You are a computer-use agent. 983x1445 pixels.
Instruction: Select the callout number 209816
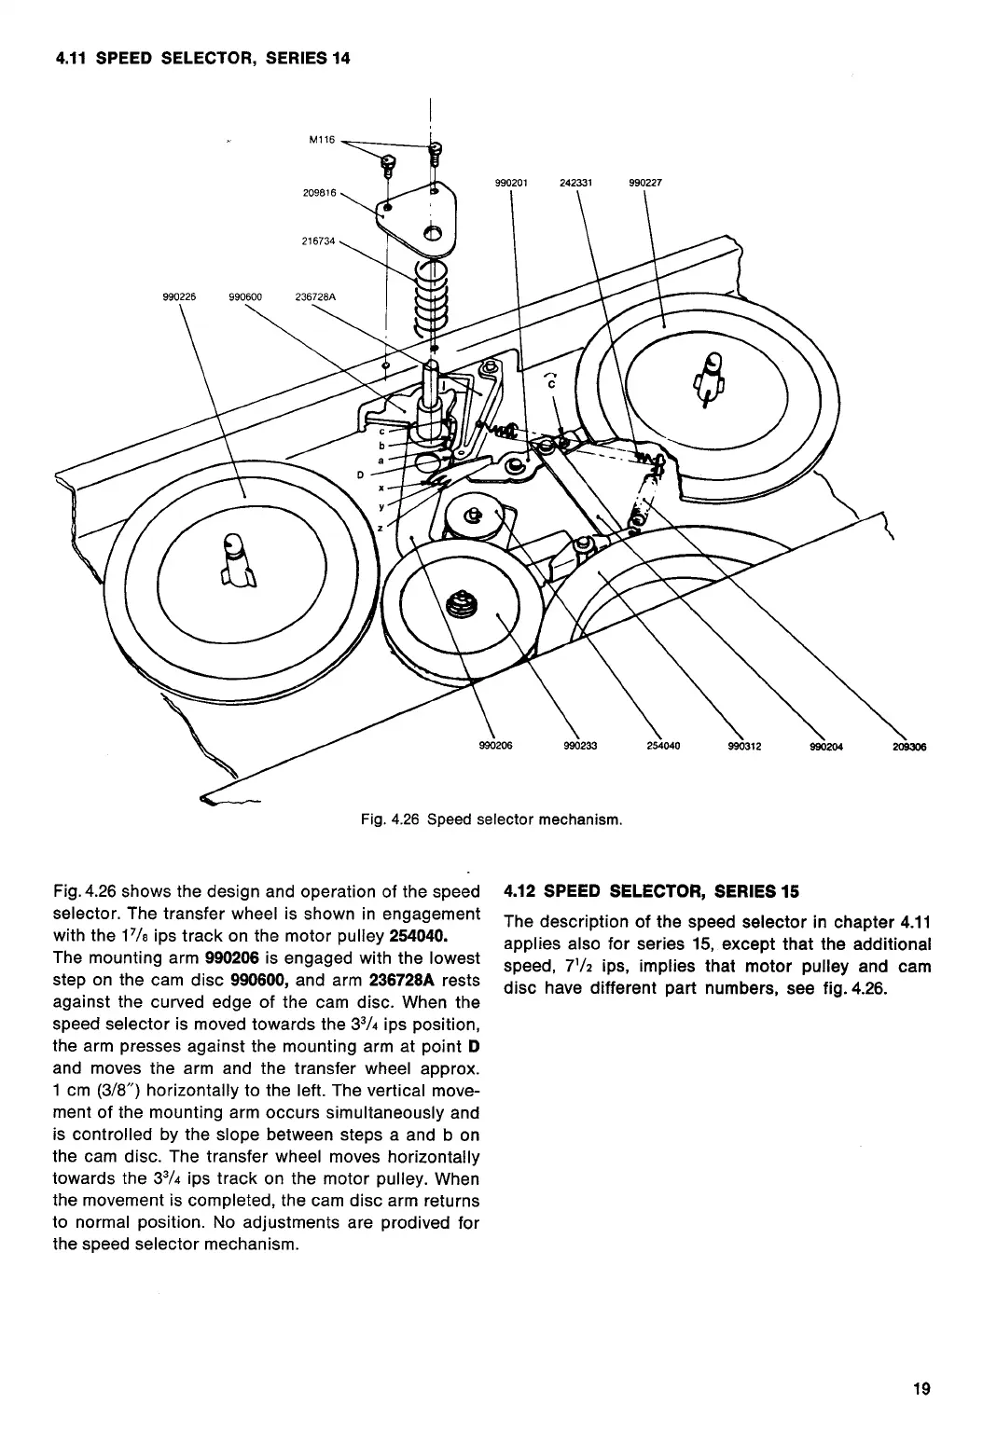319,193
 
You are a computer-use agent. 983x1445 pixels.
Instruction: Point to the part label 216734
319,241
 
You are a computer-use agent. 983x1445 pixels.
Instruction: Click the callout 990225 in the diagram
178,298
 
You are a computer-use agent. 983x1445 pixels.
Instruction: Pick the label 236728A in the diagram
314,298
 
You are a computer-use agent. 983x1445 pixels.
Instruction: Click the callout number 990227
644,183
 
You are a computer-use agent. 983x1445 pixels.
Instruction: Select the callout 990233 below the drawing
577,746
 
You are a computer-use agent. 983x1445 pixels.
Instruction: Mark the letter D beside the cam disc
361,474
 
